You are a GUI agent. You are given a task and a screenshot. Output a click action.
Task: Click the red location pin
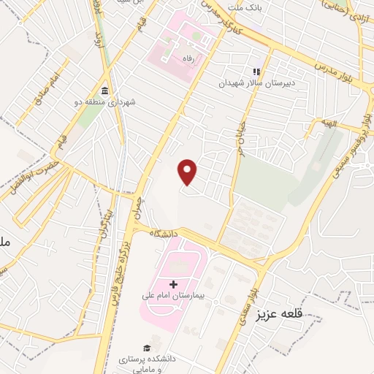[188, 172]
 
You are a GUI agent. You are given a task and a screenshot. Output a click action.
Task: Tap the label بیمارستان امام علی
[173, 298]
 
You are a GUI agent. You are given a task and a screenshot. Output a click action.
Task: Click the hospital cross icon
[173, 284]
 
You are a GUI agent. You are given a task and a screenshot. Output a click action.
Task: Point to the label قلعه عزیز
[278, 316]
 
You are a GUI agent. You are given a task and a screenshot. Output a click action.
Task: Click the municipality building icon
[105, 91]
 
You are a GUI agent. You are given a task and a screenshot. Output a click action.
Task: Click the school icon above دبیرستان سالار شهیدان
[256, 72]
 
